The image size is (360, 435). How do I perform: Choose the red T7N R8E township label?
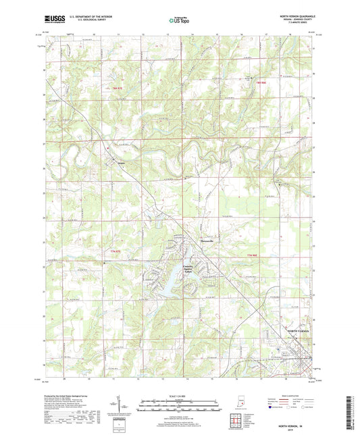pos(253,254)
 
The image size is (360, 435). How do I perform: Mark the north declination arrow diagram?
pos(128,405)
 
